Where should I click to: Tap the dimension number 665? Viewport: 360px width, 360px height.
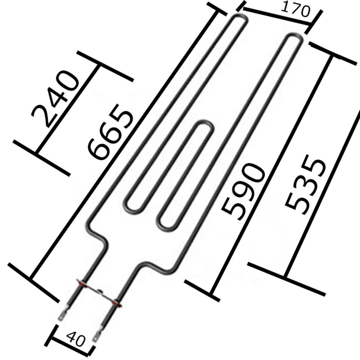[x=110, y=132]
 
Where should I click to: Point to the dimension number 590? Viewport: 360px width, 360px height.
[x=243, y=192]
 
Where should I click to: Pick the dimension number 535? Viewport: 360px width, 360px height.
[x=305, y=185]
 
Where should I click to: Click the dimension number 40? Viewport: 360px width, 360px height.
[x=76, y=339]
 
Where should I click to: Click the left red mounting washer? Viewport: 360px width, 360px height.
[x=82, y=284]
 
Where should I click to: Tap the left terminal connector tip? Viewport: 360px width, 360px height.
[x=61, y=317]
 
